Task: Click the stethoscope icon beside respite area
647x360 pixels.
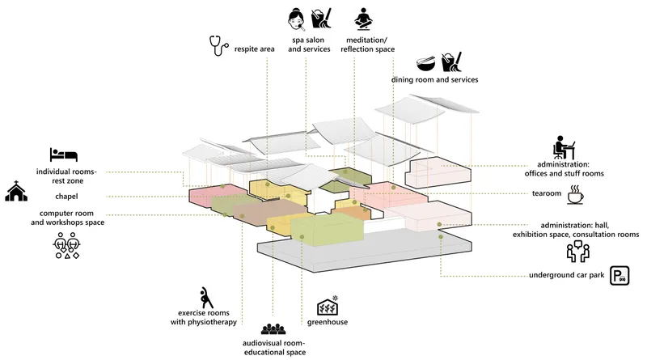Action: pos(218,46)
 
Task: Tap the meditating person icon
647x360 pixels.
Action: pos(363,19)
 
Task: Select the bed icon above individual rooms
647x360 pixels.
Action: pos(64,155)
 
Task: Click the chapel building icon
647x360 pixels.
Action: pos(16,191)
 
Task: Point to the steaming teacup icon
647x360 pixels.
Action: pos(575,194)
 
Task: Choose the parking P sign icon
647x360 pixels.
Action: pos(620,276)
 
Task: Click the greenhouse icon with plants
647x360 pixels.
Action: pos(328,306)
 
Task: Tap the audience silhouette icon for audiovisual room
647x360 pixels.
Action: pos(273,329)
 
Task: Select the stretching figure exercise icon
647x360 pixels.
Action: pos(205,298)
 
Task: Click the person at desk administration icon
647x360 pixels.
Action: pos(564,147)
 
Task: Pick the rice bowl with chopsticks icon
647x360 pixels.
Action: pos(426,64)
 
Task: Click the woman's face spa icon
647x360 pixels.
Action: pos(297,19)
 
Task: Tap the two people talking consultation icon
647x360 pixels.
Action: pos(578,252)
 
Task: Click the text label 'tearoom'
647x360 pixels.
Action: pos(547,193)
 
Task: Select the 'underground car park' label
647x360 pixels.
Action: pos(567,275)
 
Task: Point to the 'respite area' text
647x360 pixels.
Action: pos(254,49)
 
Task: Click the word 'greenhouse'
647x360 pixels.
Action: pos(328,322)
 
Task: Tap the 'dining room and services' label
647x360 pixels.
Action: pos(435,79)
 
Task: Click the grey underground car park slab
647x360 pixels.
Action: pos(363,252)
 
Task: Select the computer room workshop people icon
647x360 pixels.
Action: pos(67,245)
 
